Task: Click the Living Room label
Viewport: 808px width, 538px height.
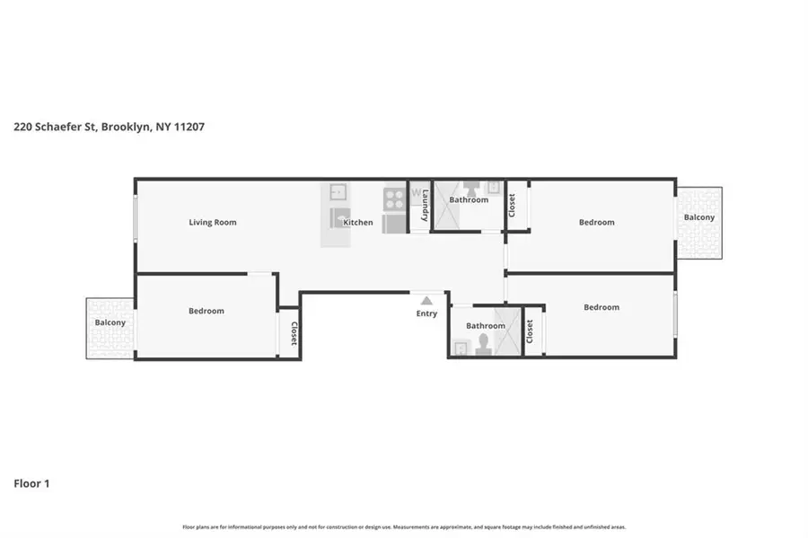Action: [213, 222]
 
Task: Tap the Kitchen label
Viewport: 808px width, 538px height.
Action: [357, 222]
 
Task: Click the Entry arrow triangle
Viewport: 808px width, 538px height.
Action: [426, 301]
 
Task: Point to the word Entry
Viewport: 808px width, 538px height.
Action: [426, 313]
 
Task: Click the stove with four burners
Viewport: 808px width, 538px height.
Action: [394, 199]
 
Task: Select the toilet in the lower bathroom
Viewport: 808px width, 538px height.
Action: [483, 345]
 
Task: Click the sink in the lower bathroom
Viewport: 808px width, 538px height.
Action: [461, 347]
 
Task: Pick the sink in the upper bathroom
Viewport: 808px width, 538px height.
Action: [494, 187]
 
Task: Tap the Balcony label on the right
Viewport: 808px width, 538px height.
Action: [699, 217]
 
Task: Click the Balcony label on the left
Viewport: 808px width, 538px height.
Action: [110, 322]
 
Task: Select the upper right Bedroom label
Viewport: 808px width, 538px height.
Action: [596, 222]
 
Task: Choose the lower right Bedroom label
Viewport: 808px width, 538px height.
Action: [601, 307]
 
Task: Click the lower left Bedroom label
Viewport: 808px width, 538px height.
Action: [206, 311]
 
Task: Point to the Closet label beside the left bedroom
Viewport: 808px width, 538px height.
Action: [293, 335]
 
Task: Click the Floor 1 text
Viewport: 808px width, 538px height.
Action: [31, 483]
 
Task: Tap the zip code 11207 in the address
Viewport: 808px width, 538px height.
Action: [189, 127]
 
